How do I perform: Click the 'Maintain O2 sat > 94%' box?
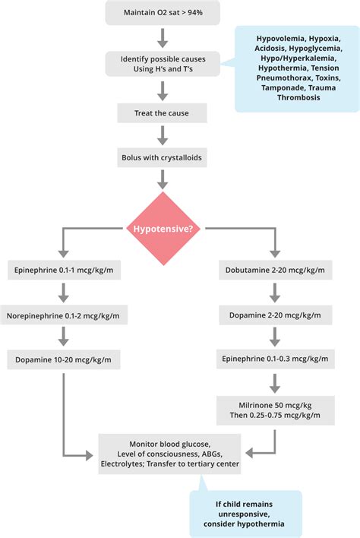162,12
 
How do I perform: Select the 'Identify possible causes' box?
162,63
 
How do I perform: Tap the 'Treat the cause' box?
162,113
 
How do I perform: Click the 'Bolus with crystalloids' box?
162,158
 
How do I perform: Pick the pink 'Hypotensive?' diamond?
162,227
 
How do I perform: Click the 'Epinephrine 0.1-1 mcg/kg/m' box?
64,269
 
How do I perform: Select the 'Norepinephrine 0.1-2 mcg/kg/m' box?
64,315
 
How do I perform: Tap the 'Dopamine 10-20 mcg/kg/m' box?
64,359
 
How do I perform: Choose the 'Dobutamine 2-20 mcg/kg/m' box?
276,269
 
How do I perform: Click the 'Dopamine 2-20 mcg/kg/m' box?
276,315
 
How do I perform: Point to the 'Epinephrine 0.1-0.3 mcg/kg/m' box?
276,359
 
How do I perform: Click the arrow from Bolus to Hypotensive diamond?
162,179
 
